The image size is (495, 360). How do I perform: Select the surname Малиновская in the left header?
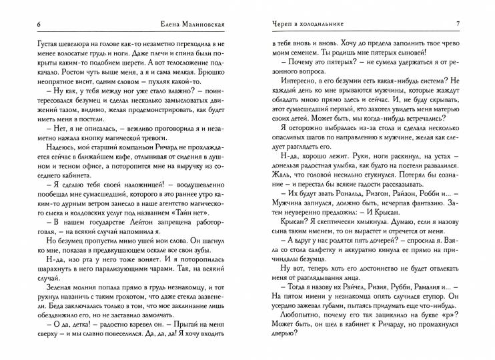(207, 25)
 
